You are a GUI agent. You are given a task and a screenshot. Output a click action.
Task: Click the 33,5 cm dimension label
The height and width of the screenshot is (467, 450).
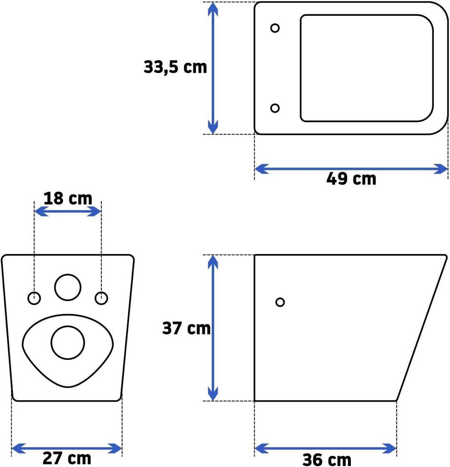(x=175, y=67)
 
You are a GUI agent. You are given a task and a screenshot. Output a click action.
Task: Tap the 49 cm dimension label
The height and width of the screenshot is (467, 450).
(x=351, y=179)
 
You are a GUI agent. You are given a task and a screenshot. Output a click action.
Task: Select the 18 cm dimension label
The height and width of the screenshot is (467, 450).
(x=67, y=198)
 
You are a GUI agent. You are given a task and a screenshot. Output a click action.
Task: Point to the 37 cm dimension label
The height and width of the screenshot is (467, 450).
(x=186, y=328)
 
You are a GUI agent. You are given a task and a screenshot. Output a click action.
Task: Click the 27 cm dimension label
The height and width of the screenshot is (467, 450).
(x=67, y=458)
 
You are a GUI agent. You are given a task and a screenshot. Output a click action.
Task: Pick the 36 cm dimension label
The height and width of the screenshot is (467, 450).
(x=327, y=460)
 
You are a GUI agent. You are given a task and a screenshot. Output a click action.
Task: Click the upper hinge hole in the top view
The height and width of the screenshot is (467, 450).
(x=275, y=28)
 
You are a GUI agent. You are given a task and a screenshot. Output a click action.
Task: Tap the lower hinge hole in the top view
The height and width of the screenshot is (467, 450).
(x=275, y=108)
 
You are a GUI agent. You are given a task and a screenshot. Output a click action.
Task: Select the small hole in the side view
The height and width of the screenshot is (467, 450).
(x=280, y=302)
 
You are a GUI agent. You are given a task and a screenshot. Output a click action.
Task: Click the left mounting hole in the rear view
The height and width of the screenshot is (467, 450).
(x=34, y=298)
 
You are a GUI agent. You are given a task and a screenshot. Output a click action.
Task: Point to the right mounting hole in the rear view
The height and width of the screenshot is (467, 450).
(x=102, y=298)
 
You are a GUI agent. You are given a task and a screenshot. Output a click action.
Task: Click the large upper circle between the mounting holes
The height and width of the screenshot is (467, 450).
(x=68, y=287)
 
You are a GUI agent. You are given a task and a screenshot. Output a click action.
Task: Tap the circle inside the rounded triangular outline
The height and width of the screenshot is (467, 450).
(x=68, y=342)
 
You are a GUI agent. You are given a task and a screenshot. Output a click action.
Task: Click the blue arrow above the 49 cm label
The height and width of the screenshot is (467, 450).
(x=351, y=169)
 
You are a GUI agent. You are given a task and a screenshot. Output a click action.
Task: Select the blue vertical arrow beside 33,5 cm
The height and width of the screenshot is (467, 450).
(x=213, y=68)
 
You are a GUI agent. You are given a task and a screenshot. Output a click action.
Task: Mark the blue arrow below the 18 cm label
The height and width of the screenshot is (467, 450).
(x=67, y=212)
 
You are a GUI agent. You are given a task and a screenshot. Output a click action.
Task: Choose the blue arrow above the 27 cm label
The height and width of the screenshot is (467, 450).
(x=67, y=449)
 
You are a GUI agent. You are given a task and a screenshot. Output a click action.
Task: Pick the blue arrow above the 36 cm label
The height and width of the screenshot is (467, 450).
(x=325, y=449)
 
